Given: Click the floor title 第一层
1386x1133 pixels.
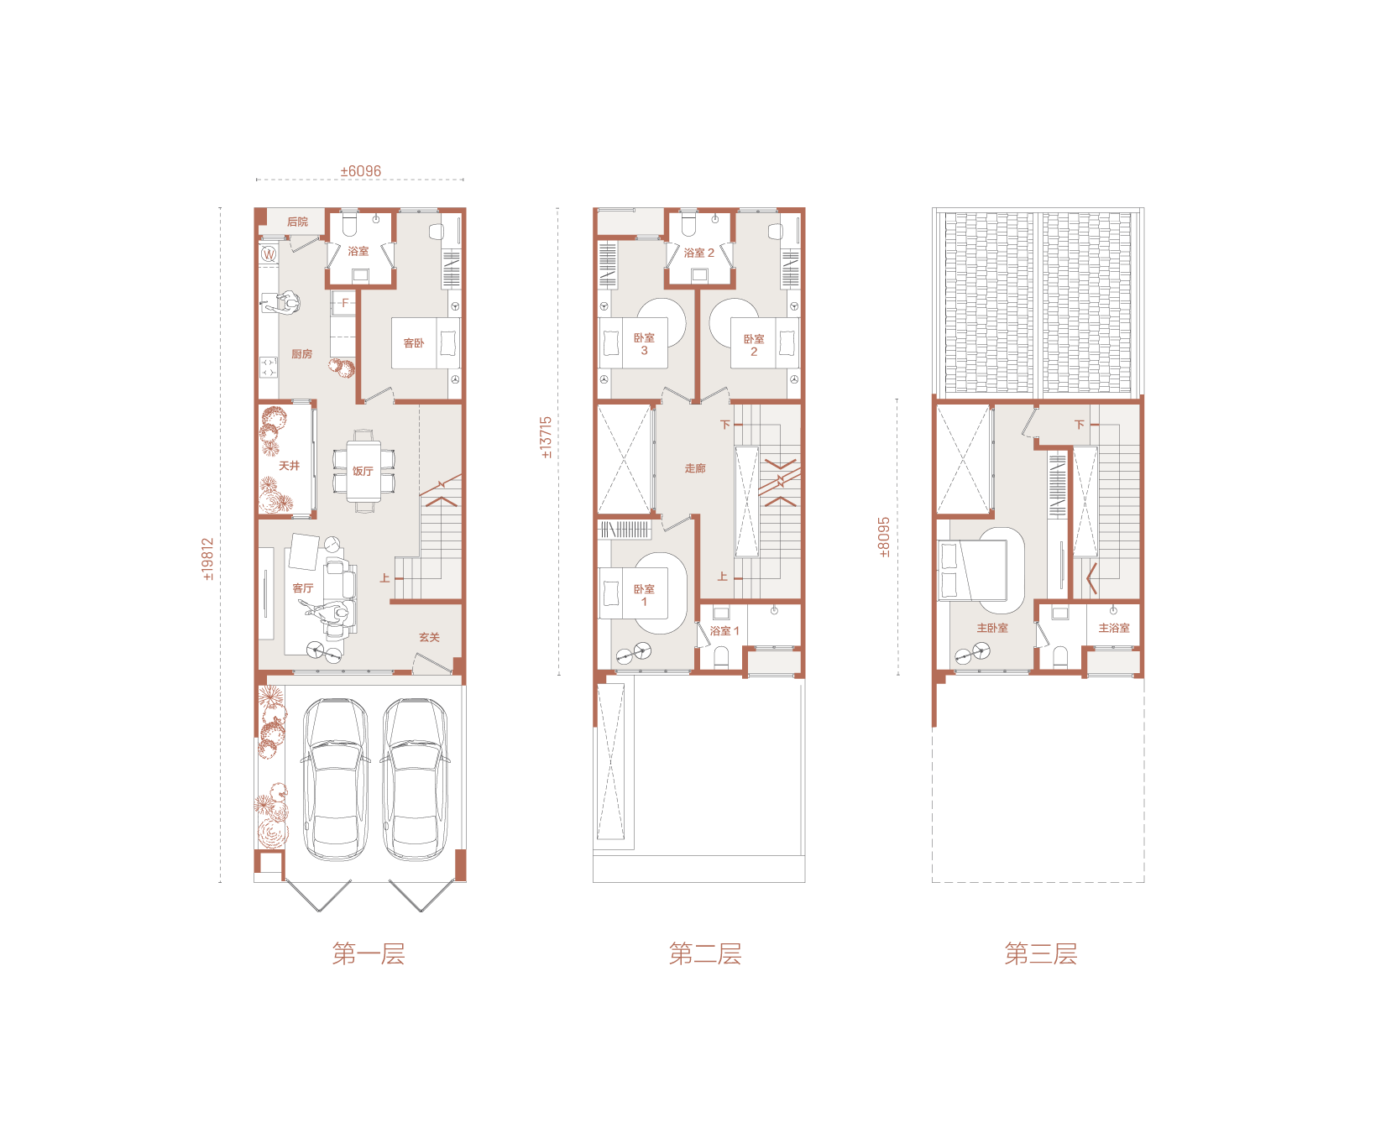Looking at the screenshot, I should [369, 954].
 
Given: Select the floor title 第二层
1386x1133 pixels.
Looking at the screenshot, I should [705, 954].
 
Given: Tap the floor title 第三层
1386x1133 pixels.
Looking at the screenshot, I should [1041, 954].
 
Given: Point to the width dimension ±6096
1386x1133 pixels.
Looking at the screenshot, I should [360, 171].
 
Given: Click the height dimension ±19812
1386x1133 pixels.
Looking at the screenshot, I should [208, 559].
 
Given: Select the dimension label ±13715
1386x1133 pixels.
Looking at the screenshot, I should [547, 437].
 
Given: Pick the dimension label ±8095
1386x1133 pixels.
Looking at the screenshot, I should [884, 537].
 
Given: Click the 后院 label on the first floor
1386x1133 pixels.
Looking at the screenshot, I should [297, 222].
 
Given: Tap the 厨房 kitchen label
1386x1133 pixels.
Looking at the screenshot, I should [301, 354].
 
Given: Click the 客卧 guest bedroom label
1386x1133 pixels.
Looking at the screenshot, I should [414, 343].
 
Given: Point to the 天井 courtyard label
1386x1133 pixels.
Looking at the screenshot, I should [289, 466].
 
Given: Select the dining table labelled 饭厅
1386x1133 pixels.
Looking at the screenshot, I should [363, 471].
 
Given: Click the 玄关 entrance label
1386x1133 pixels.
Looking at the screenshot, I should [429, 638].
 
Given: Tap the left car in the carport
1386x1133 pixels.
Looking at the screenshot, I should [335, 779].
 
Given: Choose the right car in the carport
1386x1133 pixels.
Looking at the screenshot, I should [415, 779].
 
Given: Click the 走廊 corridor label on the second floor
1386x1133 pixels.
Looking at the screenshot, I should [695, 468].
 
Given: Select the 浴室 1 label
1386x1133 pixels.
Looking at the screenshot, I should [724, 631].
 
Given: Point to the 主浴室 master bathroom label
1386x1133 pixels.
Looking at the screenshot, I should [1114, 628].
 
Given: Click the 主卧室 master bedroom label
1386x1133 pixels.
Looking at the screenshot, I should [992, 628].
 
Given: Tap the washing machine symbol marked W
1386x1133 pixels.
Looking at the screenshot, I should [269, 253].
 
